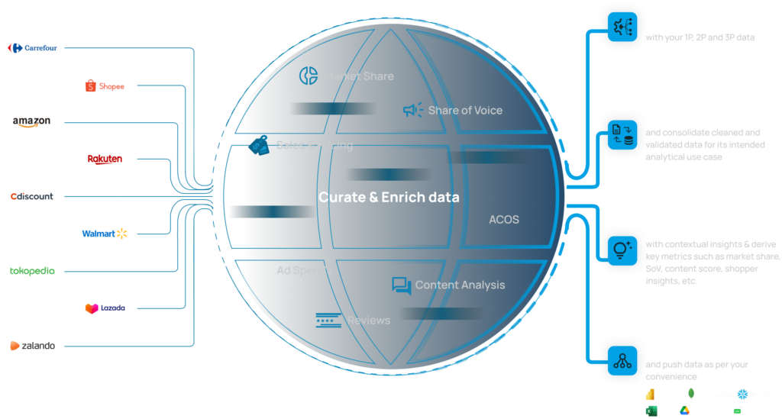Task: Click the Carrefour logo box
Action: point(33,49)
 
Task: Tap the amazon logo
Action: point(32,122)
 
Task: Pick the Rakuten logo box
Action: point(104,160)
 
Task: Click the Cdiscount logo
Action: point(32,196)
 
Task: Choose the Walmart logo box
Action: point(105,233)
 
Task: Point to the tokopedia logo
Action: point(32,270)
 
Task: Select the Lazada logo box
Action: point(105,308)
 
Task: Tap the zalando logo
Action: point(32,346)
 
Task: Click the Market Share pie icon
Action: point(309,76)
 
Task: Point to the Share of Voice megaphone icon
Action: point(412,111)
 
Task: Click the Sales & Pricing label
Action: point(314,145)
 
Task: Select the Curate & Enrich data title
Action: point(389,197)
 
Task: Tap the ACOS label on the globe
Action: point(503,220)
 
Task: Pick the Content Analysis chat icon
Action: point(401,285)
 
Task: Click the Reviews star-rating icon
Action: point(328,321)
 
